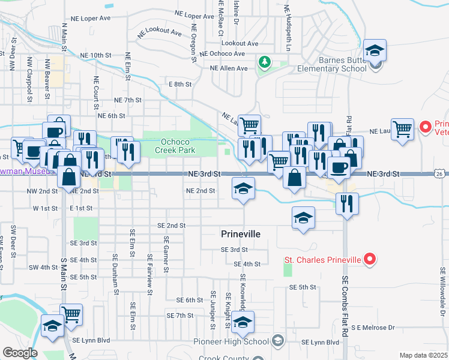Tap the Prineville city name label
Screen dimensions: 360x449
(240, 234)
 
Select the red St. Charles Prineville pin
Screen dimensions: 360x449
(370, 260)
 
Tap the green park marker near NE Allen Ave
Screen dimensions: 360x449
(264, 62)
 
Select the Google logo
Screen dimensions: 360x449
(19, 353)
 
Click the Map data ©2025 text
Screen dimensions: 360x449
(423, 355)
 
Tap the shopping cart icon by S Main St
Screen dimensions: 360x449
(71, 314)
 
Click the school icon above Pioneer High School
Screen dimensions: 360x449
(243, 322)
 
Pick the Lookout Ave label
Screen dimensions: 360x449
(240, 43)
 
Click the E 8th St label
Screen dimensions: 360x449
(179, 85)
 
